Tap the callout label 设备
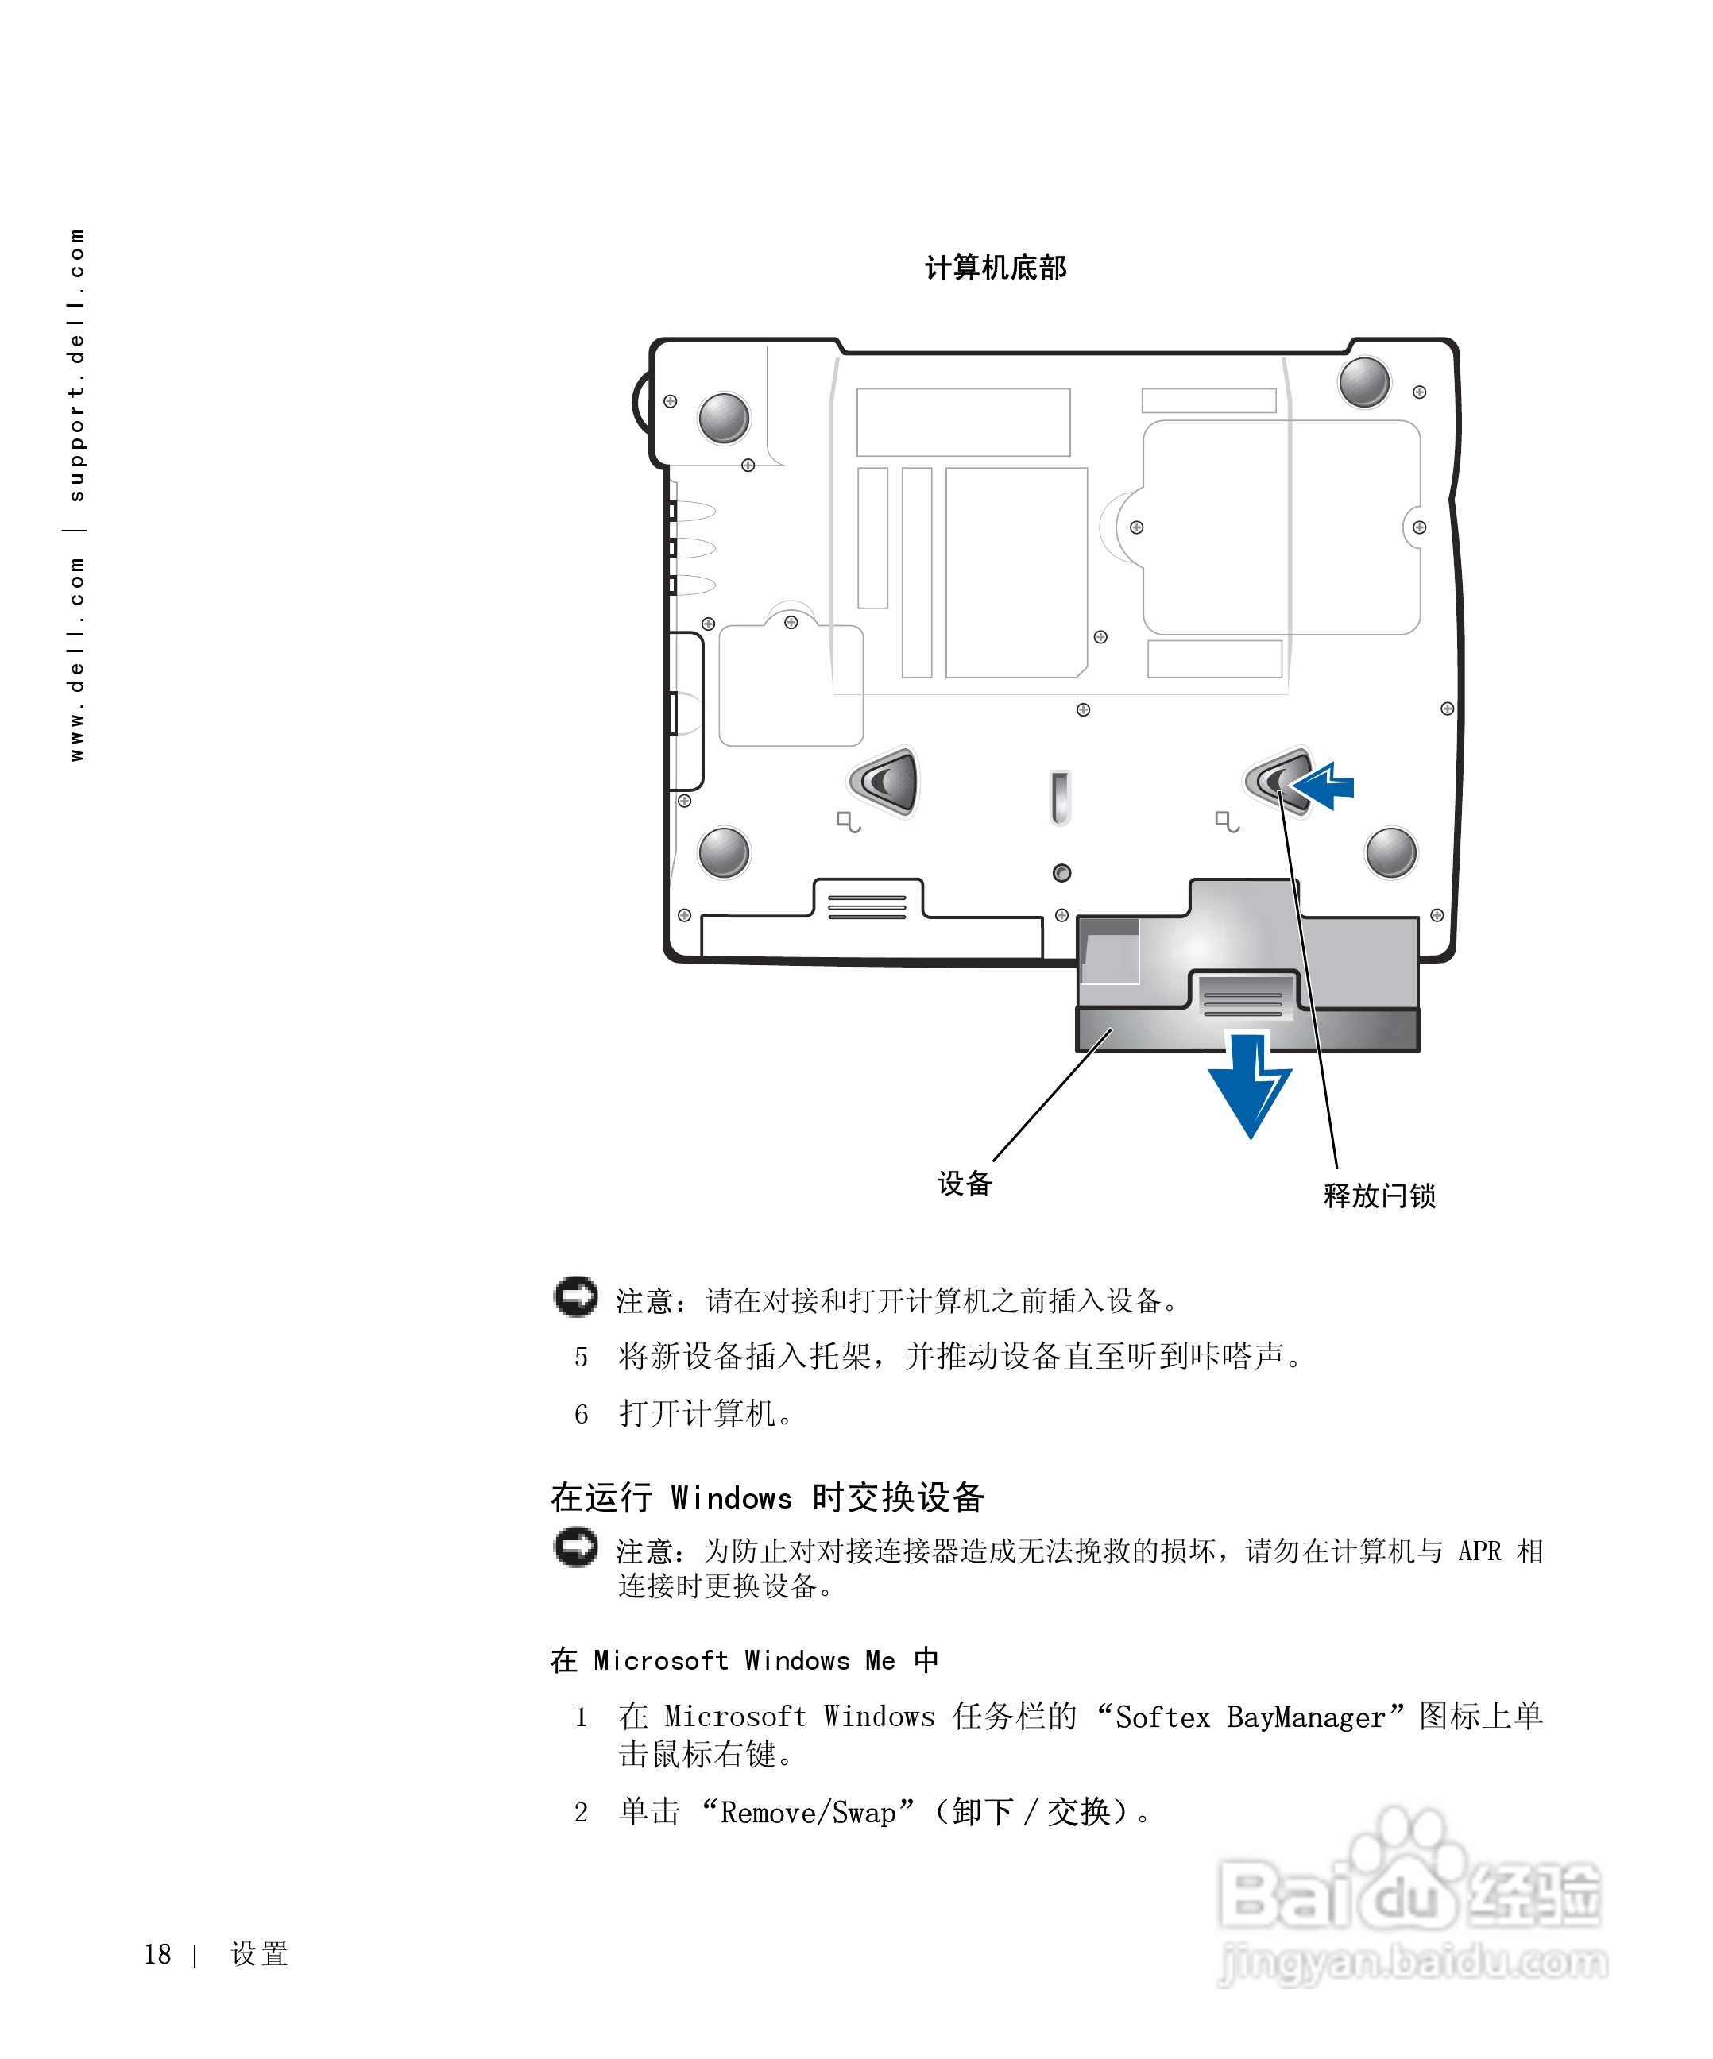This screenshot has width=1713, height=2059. point(964,1184)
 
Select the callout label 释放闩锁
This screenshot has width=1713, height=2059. point(1379,1196)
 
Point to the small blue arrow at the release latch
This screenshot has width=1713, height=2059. point(1324,786)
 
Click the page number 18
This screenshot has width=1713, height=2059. point(157,1954)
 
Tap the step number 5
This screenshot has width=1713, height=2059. point(582,1357)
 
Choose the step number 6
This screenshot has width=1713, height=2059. point(582,1414)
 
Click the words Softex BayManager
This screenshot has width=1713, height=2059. point(1250,1717)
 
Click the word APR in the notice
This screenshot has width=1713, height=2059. point(1479,1551)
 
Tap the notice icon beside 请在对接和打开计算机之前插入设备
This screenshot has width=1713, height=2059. point(575,1296)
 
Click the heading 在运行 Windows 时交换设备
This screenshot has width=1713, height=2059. point(767,1497)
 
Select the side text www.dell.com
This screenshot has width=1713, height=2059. point(76,659)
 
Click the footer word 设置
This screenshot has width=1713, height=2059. point(259,1954)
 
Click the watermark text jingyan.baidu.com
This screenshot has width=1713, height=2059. point(1412,1964)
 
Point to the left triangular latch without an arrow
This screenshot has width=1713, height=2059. point(885,782)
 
